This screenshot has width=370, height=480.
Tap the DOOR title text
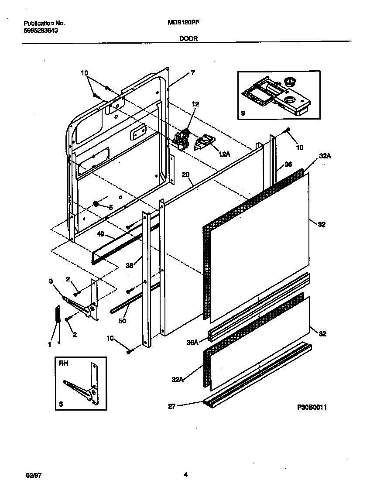click(188, 38)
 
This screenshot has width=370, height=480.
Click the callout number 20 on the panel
click(186, 175)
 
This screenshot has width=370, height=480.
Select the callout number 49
click(100, 234)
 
